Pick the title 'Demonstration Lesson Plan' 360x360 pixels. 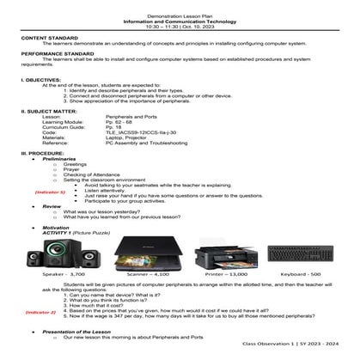click(x=180, y=5)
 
